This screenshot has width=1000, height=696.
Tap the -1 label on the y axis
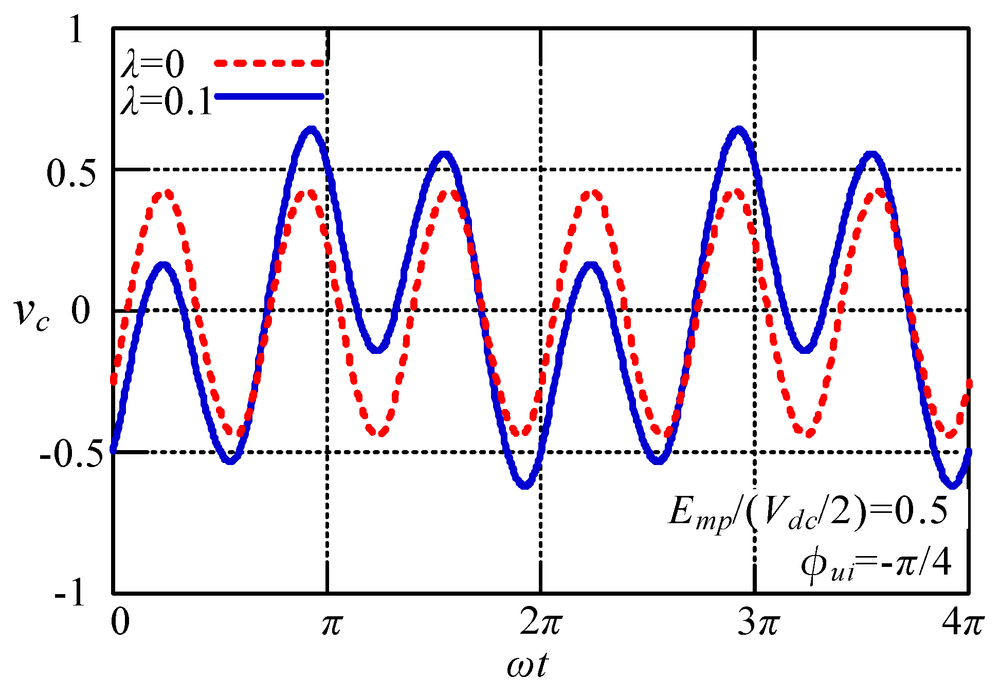click(70, 594)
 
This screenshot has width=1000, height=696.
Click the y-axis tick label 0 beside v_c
click(81, 311)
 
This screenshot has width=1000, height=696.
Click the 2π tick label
click(541, 623)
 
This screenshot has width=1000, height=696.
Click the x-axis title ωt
click(527, 665)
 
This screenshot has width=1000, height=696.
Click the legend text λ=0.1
click(166, 100)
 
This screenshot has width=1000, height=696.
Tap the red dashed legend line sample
click(269, 63)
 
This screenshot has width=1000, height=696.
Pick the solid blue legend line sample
click(269, 96)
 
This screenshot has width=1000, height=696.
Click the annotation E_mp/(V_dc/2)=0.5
click(807, 513)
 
